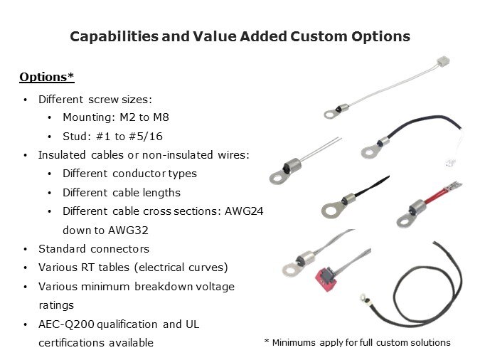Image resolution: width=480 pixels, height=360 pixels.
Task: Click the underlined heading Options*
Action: pos(47,77)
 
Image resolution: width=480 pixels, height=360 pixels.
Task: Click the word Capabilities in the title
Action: pos(114,36)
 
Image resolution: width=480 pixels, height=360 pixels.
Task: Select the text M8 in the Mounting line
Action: pos(161,117)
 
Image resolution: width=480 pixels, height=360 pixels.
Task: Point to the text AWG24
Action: pos(244,211)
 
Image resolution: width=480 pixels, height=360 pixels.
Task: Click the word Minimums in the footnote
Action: pos(294,342)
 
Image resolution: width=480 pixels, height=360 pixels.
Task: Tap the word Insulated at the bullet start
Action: pos(62,155)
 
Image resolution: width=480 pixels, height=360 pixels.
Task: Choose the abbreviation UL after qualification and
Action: pos(192,324)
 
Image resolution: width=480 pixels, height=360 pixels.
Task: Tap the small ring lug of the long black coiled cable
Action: pos(363,297)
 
